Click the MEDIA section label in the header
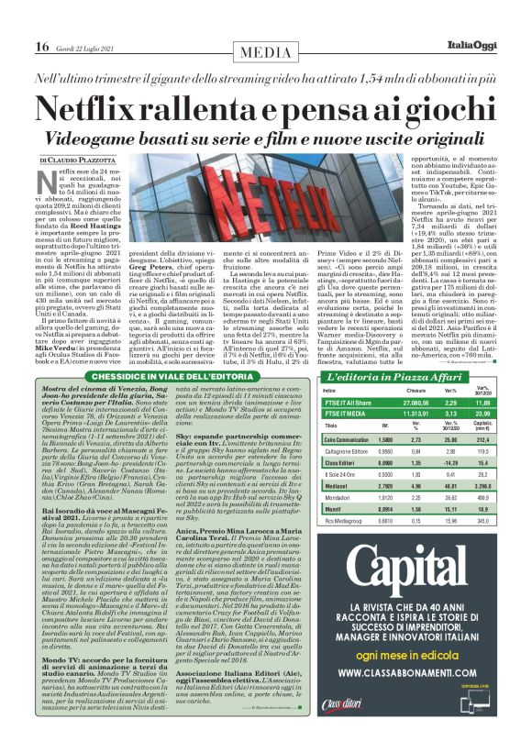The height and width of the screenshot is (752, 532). [266, 47]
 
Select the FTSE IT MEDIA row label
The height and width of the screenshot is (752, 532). [343, 413]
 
